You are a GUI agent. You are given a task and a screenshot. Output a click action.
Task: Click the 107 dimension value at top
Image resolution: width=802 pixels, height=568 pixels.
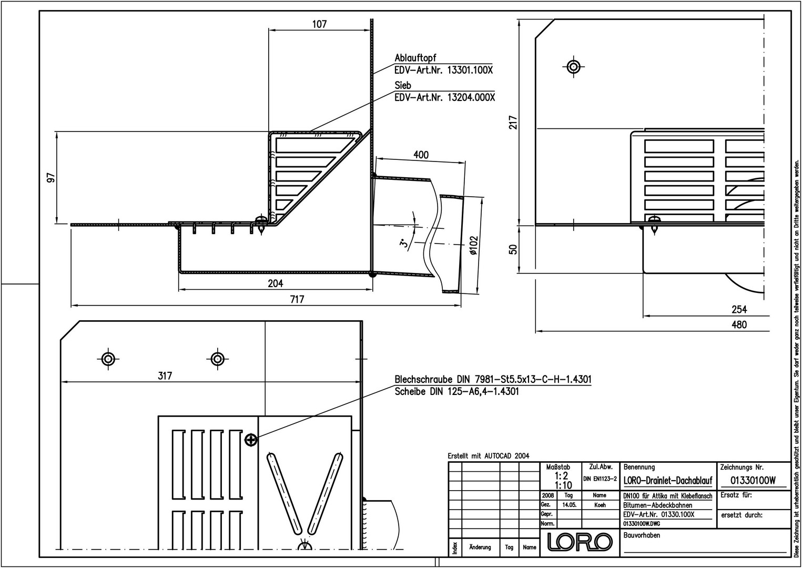[319, 24]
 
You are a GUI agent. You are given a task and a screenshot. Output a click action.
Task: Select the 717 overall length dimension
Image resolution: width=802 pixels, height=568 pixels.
[297, 299]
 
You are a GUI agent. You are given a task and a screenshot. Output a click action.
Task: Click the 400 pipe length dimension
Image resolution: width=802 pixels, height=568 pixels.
[421, 155]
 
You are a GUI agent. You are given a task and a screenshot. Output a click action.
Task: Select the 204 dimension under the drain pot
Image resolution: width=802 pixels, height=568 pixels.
[276, 283]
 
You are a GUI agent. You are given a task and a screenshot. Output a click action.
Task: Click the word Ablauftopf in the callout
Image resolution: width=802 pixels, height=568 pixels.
[415, 58]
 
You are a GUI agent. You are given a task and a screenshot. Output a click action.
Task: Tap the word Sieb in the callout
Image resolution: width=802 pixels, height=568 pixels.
[403, 85]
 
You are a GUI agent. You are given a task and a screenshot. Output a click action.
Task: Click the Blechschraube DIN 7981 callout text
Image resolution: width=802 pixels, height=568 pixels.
[493, 379]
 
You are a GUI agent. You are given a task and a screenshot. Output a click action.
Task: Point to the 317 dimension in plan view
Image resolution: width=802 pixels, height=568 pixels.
[165, 376]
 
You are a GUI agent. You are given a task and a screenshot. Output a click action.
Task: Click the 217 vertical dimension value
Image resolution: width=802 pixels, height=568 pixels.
[513, 123]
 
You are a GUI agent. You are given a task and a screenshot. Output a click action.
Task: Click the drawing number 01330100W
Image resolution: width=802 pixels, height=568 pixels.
[753, 480]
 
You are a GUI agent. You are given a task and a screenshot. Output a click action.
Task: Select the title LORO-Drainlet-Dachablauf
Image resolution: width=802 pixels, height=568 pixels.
[668, 481]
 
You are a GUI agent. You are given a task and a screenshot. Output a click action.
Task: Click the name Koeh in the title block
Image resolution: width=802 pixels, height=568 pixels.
[600, 505]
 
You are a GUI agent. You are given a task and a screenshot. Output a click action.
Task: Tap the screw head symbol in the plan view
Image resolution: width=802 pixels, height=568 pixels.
[251, 440]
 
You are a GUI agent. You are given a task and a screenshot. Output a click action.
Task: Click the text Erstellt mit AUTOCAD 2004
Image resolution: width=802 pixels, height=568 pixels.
[489, 456]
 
